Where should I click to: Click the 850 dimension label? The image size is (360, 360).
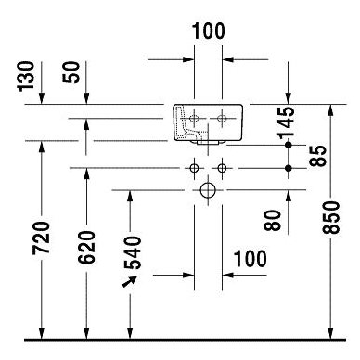coord(330,217)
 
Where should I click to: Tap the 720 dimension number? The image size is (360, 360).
coord(41,238)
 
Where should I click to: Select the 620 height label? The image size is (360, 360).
coord(86,247)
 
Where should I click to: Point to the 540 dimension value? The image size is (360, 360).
coord(132,252)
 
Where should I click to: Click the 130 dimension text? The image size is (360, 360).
coord(25,76)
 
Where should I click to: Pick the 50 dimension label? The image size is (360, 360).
coord(71,71)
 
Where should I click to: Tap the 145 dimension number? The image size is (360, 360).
coord(286,122)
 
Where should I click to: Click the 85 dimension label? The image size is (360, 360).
coord(317,156)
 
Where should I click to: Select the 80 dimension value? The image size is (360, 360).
coord(273,220)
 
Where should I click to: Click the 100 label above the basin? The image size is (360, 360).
coord(209,31)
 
